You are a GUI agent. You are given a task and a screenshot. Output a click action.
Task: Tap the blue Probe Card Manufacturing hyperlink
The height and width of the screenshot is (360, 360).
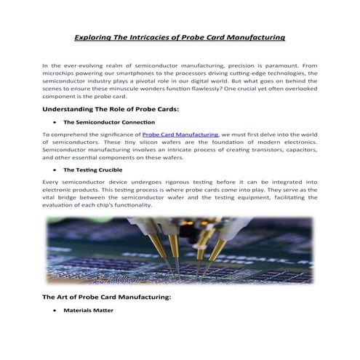180,135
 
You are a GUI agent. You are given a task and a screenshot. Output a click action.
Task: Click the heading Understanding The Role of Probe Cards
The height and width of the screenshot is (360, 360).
111,108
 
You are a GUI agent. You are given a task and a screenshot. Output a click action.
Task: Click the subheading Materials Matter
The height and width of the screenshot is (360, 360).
88,311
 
